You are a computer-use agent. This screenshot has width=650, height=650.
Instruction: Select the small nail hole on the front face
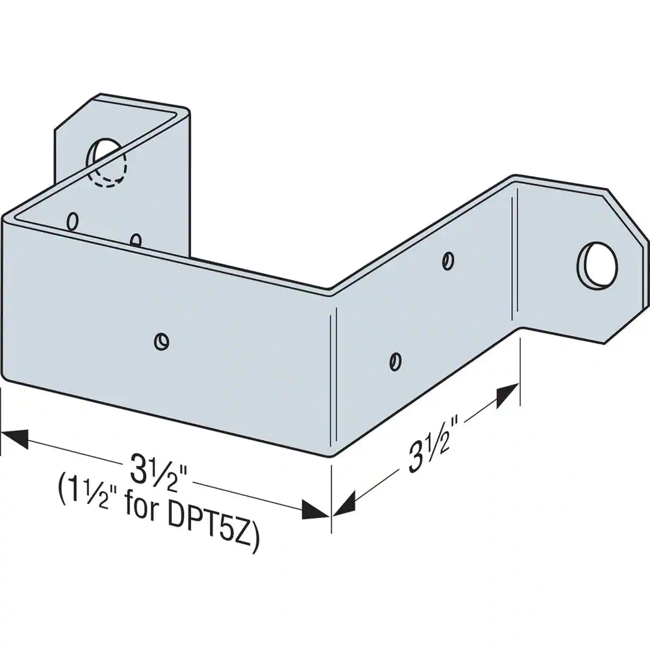(x=161, y=341)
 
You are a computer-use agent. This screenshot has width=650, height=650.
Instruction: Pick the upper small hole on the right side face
(x=448, y=261)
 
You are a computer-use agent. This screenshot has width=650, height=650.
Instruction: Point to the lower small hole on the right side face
(x=395, y=361)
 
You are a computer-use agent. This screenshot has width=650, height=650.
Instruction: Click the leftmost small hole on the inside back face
(x=73, y=221)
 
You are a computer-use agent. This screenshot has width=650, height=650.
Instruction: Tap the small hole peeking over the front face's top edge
(x=136, y=239)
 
